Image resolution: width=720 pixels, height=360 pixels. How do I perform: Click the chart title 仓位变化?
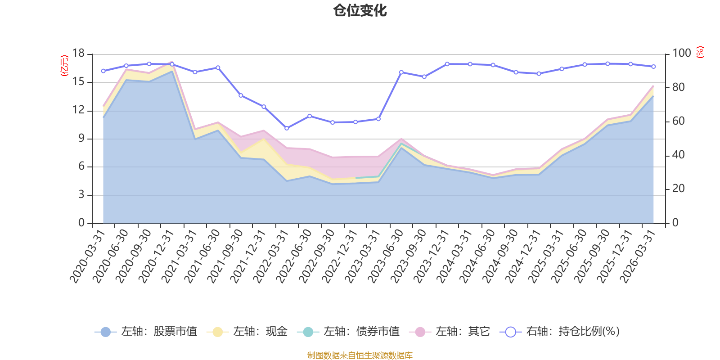click(x=360, y=10)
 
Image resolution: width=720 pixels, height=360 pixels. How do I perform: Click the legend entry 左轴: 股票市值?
click(x=146, y=332)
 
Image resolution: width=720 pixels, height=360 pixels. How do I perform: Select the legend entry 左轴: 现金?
click(x=247, y=332)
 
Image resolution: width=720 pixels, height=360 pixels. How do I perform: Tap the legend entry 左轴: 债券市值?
click(x=348, y=332)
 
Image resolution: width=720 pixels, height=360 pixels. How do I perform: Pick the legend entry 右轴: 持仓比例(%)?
click(x=560, y=332)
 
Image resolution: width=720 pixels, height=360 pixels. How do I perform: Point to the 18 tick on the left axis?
click(x=78, y=54)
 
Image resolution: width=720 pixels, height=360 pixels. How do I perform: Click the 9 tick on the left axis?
click(x=81, y=139)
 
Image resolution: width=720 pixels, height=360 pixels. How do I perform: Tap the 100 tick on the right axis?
click(x=681, y=53)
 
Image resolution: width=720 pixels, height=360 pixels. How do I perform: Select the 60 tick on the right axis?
click(x=678, y=121)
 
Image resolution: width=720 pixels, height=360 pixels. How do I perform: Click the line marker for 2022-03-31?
click(x=287, y=128)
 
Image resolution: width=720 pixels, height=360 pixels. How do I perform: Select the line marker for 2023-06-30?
click(x=401, y=72)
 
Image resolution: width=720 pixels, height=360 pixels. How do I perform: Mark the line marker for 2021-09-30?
click(x=241, y=95)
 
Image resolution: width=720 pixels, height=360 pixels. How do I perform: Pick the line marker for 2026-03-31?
click(x=653, y=67)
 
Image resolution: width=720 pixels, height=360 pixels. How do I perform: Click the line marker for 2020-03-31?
click(x=103, y=71)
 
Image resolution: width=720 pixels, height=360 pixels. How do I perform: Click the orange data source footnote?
click(x=360, y=355)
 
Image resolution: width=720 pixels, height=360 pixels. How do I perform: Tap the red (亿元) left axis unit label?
click(x=64, y=66)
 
